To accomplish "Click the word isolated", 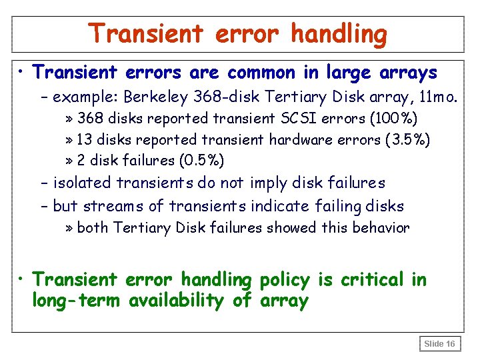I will (83, 183).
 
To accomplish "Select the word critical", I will (373, 279).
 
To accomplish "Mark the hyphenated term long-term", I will (77, 301).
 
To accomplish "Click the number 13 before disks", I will (84, 140).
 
